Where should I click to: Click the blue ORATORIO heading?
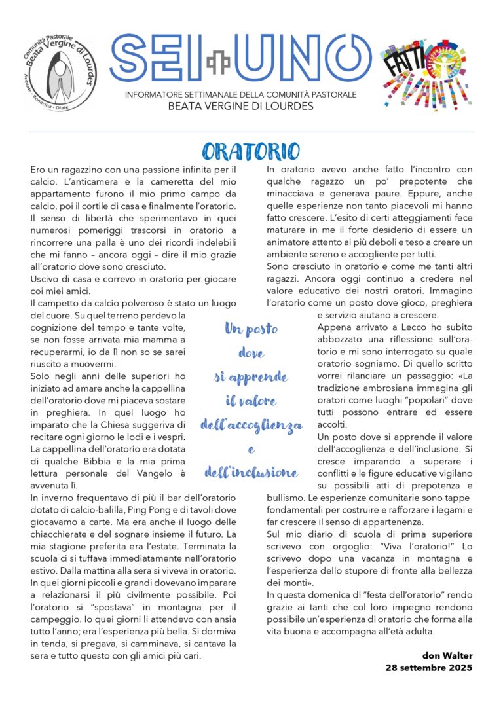(251, 151)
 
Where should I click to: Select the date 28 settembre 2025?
(429, 668)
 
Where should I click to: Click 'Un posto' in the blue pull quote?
(251, 330)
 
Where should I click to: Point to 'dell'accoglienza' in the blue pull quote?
(251, 425)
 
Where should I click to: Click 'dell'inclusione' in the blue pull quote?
(251, 472)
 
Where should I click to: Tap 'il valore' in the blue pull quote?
(251, 401)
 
